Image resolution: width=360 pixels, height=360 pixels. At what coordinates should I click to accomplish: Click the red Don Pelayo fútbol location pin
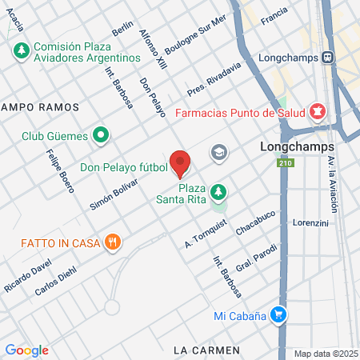click(180, 162)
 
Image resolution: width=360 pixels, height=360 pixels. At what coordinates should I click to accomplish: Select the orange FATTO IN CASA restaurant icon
click(113, 241)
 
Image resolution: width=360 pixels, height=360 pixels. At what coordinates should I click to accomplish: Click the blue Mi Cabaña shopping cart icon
click(278, 315)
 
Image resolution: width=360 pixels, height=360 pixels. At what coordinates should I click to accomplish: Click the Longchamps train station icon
click(328, 57)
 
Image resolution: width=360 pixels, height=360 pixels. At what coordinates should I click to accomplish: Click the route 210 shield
click(285, 164)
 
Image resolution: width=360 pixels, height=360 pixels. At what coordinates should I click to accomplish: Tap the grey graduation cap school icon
click(218, 152)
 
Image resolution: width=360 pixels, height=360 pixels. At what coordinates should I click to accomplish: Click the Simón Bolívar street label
click(114, 193)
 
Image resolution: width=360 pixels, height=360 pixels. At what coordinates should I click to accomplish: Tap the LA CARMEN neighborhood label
click(206, 350)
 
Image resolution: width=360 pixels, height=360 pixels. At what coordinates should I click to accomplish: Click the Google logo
click(26, 350)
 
